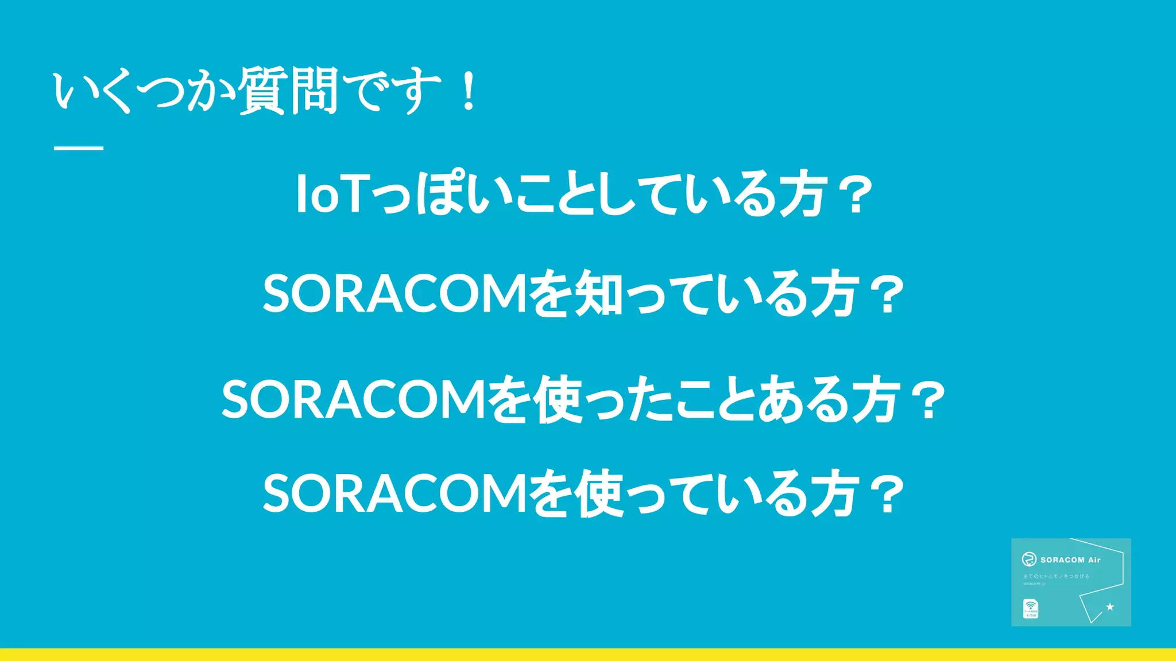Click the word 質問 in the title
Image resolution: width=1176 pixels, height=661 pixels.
288,91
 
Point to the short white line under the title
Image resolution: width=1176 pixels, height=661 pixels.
79,148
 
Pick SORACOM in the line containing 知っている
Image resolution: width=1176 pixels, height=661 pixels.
395,294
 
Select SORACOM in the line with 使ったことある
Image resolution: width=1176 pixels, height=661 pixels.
354,399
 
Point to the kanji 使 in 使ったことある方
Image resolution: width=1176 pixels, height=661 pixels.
558,399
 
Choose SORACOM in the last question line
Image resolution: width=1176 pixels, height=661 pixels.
395,493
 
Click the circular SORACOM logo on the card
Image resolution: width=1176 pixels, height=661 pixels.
1029,559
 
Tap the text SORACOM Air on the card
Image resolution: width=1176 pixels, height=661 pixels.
1070,560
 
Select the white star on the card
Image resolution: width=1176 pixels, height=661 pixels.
1110,606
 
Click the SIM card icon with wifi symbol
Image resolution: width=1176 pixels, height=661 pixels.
1030,609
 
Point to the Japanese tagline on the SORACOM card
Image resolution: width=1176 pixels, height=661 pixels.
1056,576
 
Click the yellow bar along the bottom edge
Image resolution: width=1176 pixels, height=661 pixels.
588,655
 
